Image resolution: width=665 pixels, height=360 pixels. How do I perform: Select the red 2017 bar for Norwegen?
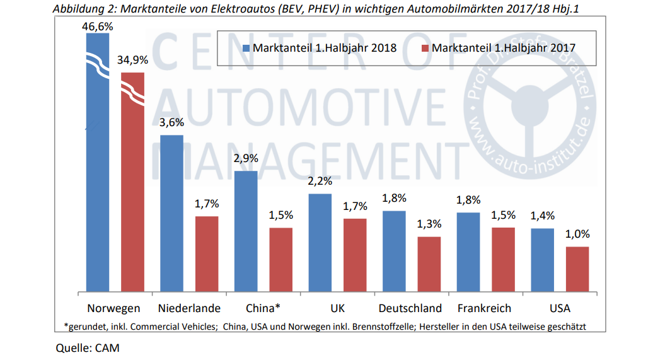(133, 189)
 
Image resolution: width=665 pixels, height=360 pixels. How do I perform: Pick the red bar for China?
(281, 259)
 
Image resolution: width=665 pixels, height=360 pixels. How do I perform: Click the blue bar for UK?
(320, 243)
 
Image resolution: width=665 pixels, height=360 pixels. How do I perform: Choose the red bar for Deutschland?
(429, 264)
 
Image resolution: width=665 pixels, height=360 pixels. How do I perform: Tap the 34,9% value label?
(132, 61)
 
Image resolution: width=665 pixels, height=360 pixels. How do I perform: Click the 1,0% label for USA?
(577, 234)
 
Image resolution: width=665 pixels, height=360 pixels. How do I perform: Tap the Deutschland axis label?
(410, 308)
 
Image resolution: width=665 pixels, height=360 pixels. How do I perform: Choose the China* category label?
(262, 308)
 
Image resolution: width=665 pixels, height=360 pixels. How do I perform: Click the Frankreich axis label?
(484, 308)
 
